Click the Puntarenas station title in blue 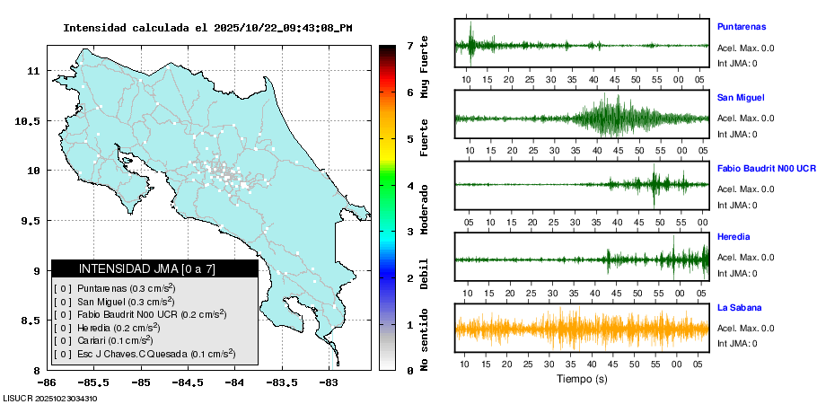point(747,27)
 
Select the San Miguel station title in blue point(741,97)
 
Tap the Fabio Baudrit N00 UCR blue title point(766,168)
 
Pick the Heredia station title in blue point(734,237)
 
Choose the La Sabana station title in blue point(741,308)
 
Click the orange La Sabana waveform point(582,329)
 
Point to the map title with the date point(207,28)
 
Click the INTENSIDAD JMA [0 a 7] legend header point(154,268)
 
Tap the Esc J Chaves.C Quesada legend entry point(145,354)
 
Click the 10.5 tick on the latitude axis point(31,120)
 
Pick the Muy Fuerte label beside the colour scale point(425,67)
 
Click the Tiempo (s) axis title point(582,379)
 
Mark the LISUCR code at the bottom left point(50,398)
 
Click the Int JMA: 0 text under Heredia point(737,273)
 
